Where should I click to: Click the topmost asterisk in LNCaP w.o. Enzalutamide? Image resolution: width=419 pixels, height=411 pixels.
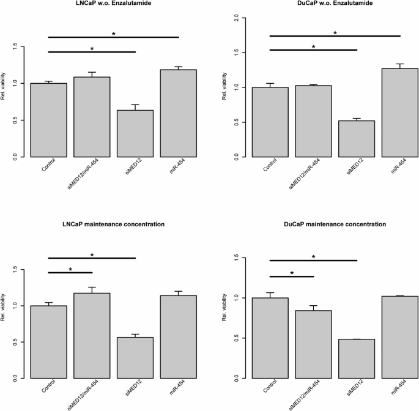(114, 34)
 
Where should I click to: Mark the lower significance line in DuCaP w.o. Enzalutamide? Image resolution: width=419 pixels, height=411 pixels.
(313, 50)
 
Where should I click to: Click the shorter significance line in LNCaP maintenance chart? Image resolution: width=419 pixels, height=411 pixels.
(70, 272)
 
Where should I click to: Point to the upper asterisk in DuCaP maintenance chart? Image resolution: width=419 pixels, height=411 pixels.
(314, 257)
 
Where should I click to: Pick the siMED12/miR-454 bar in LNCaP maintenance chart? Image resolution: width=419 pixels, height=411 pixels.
(92, 336)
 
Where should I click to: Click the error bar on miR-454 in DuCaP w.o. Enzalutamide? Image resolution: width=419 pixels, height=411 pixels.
(401, 65)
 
